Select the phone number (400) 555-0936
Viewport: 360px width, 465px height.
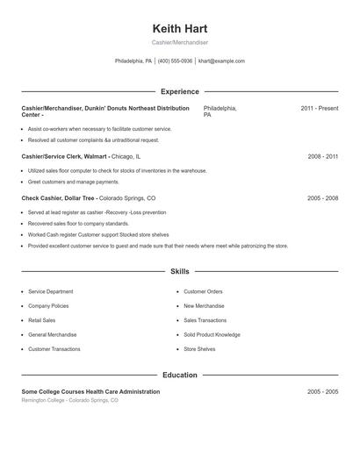pos(175,61)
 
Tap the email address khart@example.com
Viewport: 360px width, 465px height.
pos(221,61)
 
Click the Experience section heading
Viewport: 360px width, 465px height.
pos(179,91)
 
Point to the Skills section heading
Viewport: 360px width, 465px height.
pos(179,272)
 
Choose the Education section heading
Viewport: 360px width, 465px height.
pos(179,375)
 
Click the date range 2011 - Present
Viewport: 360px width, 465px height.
pos(319,108)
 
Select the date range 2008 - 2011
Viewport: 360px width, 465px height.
pos(322,156)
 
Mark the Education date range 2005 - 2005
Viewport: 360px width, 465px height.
pos(322,391)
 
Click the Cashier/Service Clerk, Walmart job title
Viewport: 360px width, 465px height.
pos(66,156)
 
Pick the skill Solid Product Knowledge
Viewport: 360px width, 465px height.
pos(212,334)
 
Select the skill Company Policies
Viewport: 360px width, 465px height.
pos(48,306)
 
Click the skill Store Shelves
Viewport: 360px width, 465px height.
pos(199,349)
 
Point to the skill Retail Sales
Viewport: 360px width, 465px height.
pos(42,320)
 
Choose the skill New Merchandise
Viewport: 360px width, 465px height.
pos(204,306)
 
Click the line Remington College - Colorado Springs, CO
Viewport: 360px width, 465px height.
pos(69,400)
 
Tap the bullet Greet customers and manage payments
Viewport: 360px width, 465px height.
pos(73,182)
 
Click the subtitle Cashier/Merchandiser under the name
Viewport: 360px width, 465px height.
pos(179,42)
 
